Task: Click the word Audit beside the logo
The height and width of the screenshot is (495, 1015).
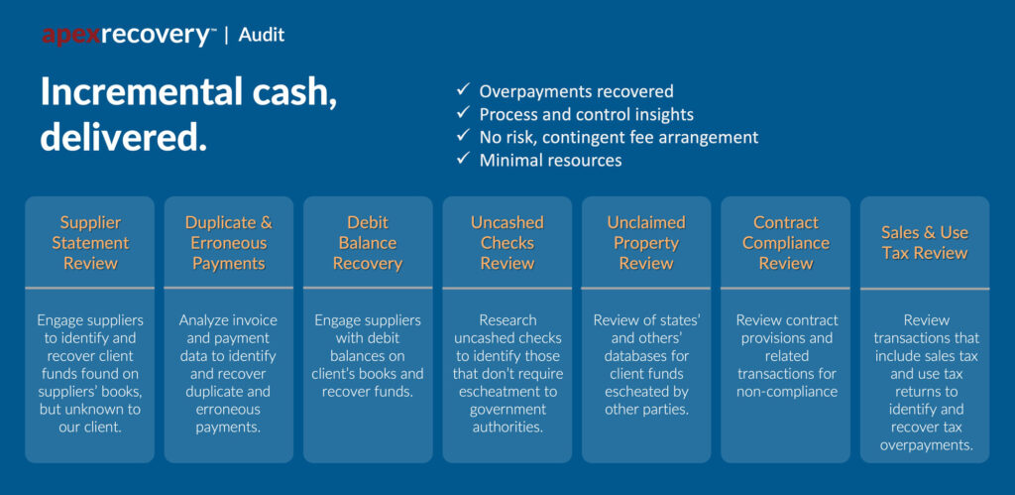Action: (x=261, y=35)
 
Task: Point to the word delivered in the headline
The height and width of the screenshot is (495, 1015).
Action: (x=124, y=138)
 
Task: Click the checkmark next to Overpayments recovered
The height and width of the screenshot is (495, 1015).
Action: (x=463, y=90)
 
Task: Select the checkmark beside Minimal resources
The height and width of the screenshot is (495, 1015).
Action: (x=463, y=159)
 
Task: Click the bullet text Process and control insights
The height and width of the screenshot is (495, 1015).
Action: (x=587, y=115)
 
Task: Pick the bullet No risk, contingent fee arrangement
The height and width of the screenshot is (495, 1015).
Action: (x=619, y=137)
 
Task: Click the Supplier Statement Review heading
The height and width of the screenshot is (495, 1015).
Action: (x=90, y=243)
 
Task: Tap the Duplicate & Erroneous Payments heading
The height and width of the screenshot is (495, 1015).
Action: (x=229, y=243)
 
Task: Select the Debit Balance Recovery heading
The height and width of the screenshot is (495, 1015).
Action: (x=368, y=243)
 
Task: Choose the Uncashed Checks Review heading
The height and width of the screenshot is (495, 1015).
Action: (x=507, y=243)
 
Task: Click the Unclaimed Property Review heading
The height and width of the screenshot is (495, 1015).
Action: (x=646, y=243)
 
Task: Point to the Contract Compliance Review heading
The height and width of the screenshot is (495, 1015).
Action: (x=786, y=243)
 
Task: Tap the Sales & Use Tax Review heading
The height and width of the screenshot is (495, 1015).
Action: (x=925, y=243)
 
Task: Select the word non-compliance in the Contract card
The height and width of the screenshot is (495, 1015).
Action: (x=786, y=392)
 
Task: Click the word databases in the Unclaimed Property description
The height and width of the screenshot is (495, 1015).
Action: (x=646, y=356)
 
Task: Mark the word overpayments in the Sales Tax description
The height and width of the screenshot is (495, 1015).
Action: (x=926, y=445)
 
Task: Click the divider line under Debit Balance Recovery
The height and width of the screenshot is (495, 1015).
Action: (x=368, y=287)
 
